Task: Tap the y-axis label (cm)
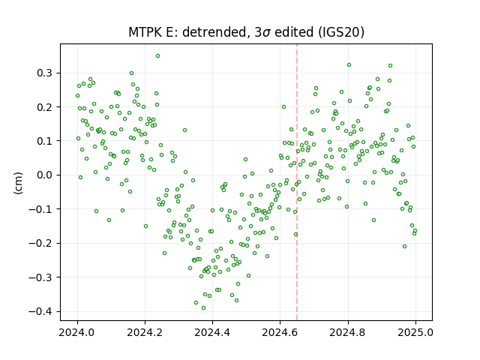tap(18, 183)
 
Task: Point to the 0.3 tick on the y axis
tap(44, 73)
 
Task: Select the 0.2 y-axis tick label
tap(44, 107)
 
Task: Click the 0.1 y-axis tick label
tap(44, 141)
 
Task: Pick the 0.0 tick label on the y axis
tap(44, 175)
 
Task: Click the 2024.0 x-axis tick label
tap(77, 332)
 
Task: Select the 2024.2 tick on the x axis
tap(145, 332)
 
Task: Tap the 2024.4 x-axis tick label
tap(212, 332)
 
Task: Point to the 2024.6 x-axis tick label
tap(280, 332)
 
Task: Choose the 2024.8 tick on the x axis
tap(348, 332)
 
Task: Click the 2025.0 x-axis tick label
tap(415, 332)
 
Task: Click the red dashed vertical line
tap(297, 182)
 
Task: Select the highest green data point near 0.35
tap(157, 56)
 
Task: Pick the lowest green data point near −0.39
tap(203, 308)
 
